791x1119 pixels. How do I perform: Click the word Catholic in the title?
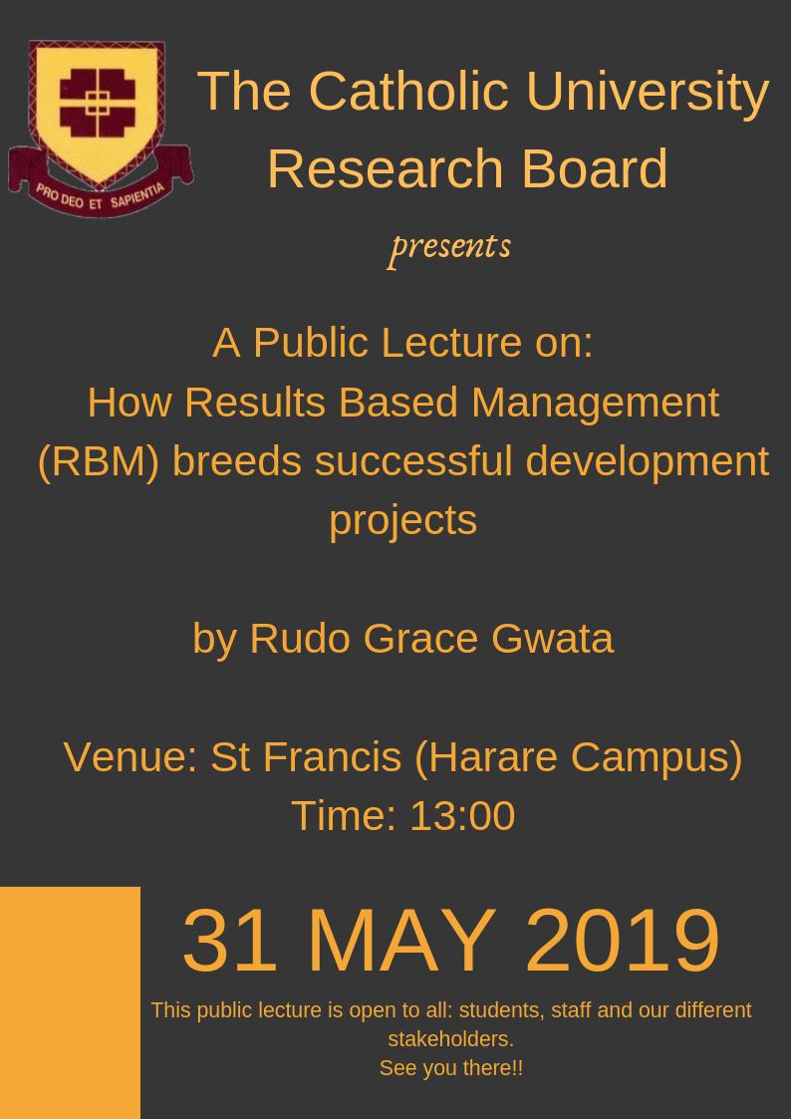[x=409, y=91]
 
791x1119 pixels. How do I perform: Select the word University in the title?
[x=648, y=91]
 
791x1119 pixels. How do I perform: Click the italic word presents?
[x=450, y=245]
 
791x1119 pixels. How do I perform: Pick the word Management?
[x=595, y=403]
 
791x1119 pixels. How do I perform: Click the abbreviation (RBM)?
[x=98, y=461]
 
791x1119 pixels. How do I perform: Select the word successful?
[x=413, y=461]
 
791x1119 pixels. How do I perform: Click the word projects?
[x=402, y=520]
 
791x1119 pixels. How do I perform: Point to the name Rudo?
[x=299, y=639]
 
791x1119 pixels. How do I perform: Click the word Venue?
[x=131, y=756]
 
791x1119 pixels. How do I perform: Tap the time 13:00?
[x=461, y=816]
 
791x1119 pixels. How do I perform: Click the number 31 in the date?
[x=229, y=941]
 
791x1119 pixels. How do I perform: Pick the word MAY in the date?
[x=400, y=941]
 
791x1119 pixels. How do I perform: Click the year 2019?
[x=622, y=941]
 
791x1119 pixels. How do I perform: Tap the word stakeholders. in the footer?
[x=450, y=1039]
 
